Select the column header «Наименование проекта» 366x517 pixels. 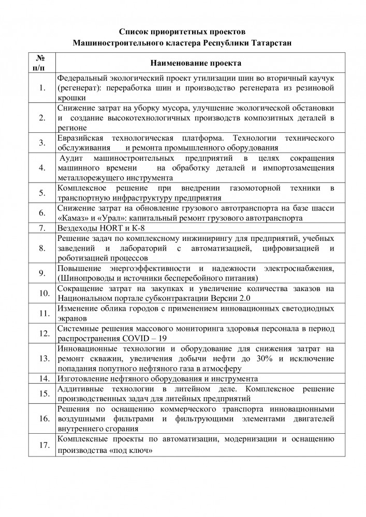point(195,63)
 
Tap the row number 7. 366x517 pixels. point(42,227)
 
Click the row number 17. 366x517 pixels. point(42,445)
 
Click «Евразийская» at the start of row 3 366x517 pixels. point(81,138)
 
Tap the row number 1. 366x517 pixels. point(42,86)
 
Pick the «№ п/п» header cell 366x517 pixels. point(42,63)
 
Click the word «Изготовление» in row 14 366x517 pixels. point(83,378)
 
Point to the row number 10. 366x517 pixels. point(42,293)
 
